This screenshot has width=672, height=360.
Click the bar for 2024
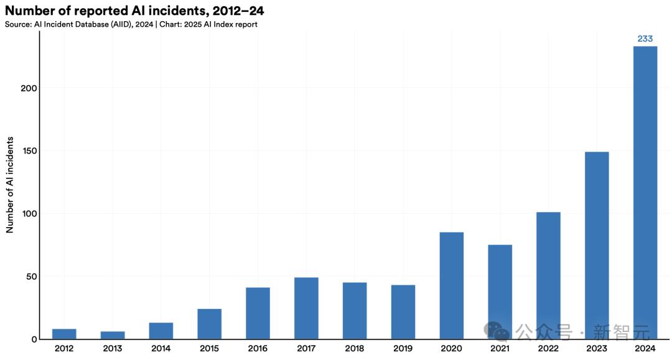[645, 193]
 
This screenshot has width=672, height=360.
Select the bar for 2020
[451, 286]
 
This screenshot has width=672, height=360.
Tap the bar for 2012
[64, 335]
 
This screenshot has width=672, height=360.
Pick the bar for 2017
[306, 308]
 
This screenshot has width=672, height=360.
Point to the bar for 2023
[597, 246]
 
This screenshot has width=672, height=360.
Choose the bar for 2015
[210, 324]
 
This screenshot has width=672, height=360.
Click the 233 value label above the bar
[645, 39]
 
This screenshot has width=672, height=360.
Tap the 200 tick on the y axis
[29, 88]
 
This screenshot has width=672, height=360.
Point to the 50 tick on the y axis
[32, 277]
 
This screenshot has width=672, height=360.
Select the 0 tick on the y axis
[34, 339]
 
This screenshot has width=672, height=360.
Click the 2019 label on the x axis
[403, 348]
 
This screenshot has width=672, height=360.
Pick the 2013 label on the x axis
[112, 348]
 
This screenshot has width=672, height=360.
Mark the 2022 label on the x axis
[548, 348]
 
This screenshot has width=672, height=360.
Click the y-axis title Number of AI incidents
[10, 185]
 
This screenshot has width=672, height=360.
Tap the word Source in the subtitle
[18, 24]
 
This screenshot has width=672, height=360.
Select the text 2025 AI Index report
[221, 24]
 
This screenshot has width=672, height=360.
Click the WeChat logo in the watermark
[497, 331]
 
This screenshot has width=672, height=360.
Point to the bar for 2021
[500, 292]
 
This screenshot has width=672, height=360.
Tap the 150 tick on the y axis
[29, 151]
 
